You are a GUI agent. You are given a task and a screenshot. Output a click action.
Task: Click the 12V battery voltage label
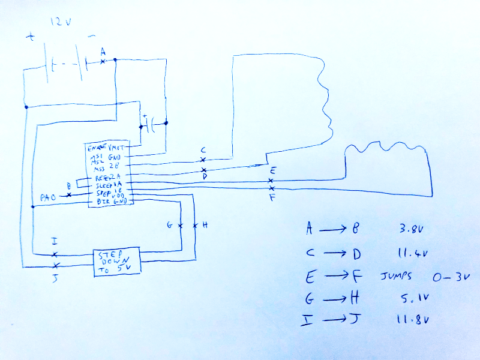point(61,23)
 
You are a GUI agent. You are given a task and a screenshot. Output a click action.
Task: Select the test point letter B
point(69,186)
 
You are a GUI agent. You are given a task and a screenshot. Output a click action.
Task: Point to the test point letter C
point(203,150)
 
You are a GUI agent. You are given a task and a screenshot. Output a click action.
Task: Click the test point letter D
point(204,177)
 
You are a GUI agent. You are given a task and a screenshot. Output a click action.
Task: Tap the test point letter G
point(170,225)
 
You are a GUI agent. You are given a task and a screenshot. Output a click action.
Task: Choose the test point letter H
point(205,225)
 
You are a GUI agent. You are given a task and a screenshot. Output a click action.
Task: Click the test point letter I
point(55,242)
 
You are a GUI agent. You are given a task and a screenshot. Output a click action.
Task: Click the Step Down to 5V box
point(116,262)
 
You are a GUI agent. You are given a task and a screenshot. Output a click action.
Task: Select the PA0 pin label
point(49,196)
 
